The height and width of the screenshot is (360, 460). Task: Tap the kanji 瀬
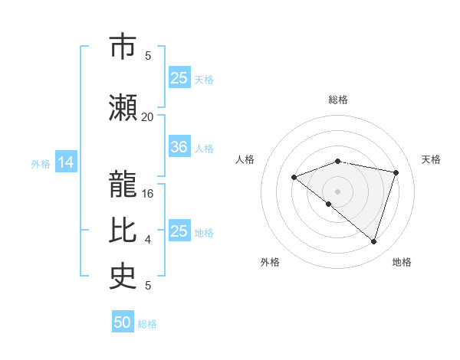coord(123,107)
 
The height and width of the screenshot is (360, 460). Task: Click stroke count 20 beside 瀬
coord(147,116)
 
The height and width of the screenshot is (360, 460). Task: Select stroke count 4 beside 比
coord(148,239)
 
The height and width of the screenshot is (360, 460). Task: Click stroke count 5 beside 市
coord(148,55)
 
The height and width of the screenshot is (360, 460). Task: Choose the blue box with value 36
coord(179,147)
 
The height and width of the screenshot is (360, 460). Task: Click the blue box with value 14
coord(66,162)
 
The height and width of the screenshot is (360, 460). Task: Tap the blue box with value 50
coord(123,322)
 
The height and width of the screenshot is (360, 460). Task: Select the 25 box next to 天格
coord(179,77)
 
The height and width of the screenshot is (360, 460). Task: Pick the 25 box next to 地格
coord(179,231)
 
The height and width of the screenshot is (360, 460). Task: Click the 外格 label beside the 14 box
coord(41,163)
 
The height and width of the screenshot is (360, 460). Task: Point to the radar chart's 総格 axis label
coord(338,100)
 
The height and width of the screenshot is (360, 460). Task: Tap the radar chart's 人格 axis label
coord(245,159)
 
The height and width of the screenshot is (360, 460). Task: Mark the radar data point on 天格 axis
coord(396,172)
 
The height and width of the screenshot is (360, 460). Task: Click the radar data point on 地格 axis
coord(373,241)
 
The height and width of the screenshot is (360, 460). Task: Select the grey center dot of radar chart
coord(337,191)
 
